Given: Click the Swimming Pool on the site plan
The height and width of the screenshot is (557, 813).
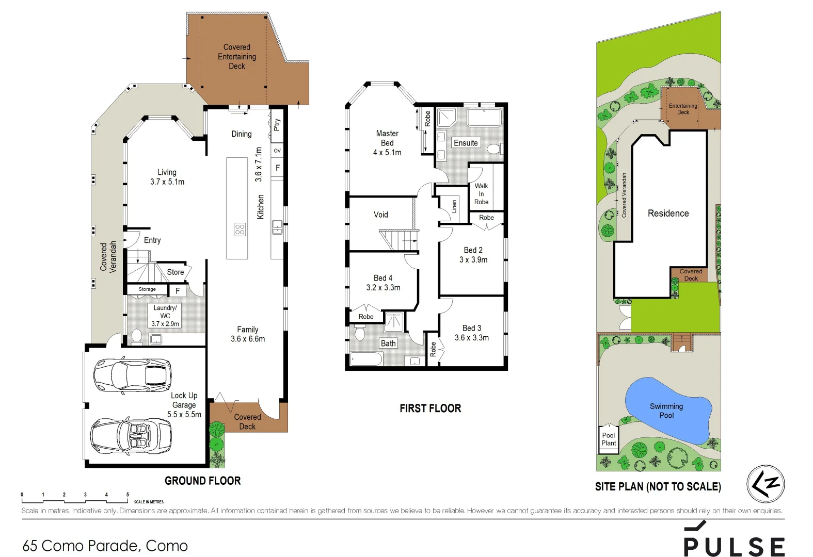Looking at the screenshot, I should [667, 411].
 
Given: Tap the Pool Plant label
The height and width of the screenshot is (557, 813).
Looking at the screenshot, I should [609, 439].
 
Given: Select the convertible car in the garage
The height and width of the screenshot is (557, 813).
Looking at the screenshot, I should [131, 436].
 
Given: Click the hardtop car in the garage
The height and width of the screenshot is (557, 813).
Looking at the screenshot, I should [132, 375].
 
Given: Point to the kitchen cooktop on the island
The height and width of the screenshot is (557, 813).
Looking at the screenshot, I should [240, 229].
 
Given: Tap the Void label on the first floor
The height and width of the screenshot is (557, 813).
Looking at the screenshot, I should [381, 215].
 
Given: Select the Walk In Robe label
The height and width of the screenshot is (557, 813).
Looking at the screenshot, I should [481, 194].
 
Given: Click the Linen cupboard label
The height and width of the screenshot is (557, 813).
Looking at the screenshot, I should [454, 206].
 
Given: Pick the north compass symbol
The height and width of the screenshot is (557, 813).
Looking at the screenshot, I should [766, 484].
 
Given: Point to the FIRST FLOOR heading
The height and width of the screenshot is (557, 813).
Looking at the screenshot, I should [430, 408].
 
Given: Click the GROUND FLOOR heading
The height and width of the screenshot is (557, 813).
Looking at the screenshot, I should [202, 481].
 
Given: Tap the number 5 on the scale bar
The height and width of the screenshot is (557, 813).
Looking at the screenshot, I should [127, 495].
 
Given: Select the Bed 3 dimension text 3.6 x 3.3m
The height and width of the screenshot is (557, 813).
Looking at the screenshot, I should [472, 338].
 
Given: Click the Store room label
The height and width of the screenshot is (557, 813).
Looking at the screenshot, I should [176, 272].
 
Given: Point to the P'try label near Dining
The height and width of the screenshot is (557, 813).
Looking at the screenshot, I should [277, 124].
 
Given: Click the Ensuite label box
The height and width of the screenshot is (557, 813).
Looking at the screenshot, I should [466, 143].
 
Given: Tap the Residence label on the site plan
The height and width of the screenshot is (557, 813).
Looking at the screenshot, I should [668, 214].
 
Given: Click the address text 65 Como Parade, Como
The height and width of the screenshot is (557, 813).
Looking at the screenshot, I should [105, 546].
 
